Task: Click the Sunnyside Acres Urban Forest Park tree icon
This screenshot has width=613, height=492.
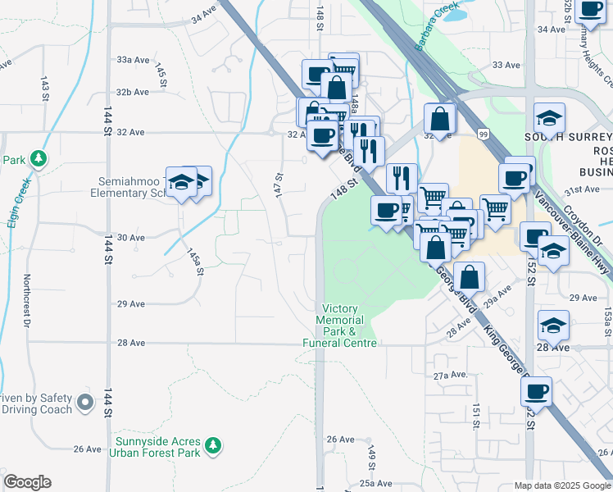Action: point(214,444)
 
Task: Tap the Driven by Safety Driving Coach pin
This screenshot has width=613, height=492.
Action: point(85,403)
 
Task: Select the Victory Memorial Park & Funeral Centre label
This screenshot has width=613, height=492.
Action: point(340,326)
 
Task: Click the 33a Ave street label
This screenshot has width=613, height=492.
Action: point(133,60)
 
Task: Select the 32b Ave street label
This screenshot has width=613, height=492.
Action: point(133,92)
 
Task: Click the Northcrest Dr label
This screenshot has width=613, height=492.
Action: point(26,300)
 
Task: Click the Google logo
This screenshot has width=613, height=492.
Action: point(27,482)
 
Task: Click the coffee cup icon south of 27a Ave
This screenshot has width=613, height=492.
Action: point(536,392)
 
